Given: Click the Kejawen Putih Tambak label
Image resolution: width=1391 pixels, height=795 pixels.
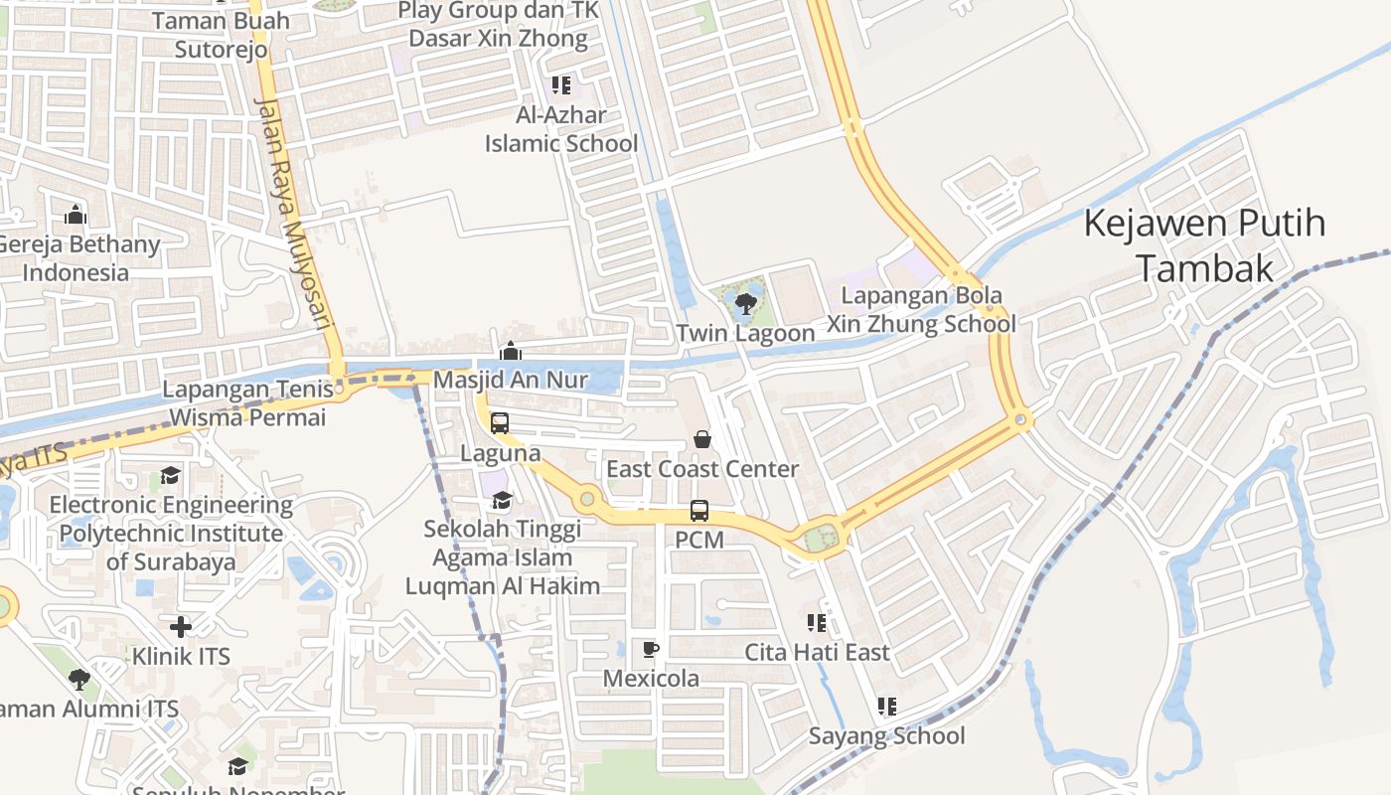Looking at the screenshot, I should [1204, 245].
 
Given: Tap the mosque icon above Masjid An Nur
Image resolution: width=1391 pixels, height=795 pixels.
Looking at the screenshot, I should [511, 351].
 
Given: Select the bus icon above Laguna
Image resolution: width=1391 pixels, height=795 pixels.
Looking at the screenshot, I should [500, 423].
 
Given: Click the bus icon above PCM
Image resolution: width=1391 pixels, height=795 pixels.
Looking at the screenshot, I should [699, 511].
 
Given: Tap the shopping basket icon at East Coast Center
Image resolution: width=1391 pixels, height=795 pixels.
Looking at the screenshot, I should [702, 438].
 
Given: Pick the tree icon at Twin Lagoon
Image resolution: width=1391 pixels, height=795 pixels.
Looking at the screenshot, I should [745, 303].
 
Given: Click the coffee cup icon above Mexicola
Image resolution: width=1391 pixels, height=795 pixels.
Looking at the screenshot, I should [651, 650].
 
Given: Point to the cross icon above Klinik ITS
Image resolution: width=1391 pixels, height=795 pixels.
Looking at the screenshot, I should [181, 627].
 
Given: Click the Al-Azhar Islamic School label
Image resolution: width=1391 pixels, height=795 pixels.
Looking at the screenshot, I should [561, 129].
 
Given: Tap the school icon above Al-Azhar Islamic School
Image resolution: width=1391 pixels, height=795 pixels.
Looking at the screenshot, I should [561, 85].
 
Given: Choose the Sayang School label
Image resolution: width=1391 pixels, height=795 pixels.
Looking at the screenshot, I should [886, 736].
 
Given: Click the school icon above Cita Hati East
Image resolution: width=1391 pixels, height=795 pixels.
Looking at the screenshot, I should [817, 623].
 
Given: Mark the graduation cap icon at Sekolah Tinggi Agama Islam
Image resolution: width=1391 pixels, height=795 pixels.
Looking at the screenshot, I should [502, 499].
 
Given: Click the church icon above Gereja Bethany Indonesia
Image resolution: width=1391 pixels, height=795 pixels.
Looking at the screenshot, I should [76, 215].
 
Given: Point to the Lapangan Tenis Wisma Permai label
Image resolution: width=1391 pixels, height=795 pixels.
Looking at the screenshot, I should [246, 403].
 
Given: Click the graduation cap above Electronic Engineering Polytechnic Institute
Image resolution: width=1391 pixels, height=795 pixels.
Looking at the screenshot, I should [171, 475].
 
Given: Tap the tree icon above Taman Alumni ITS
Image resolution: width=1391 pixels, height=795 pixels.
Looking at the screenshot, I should [79, 680].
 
